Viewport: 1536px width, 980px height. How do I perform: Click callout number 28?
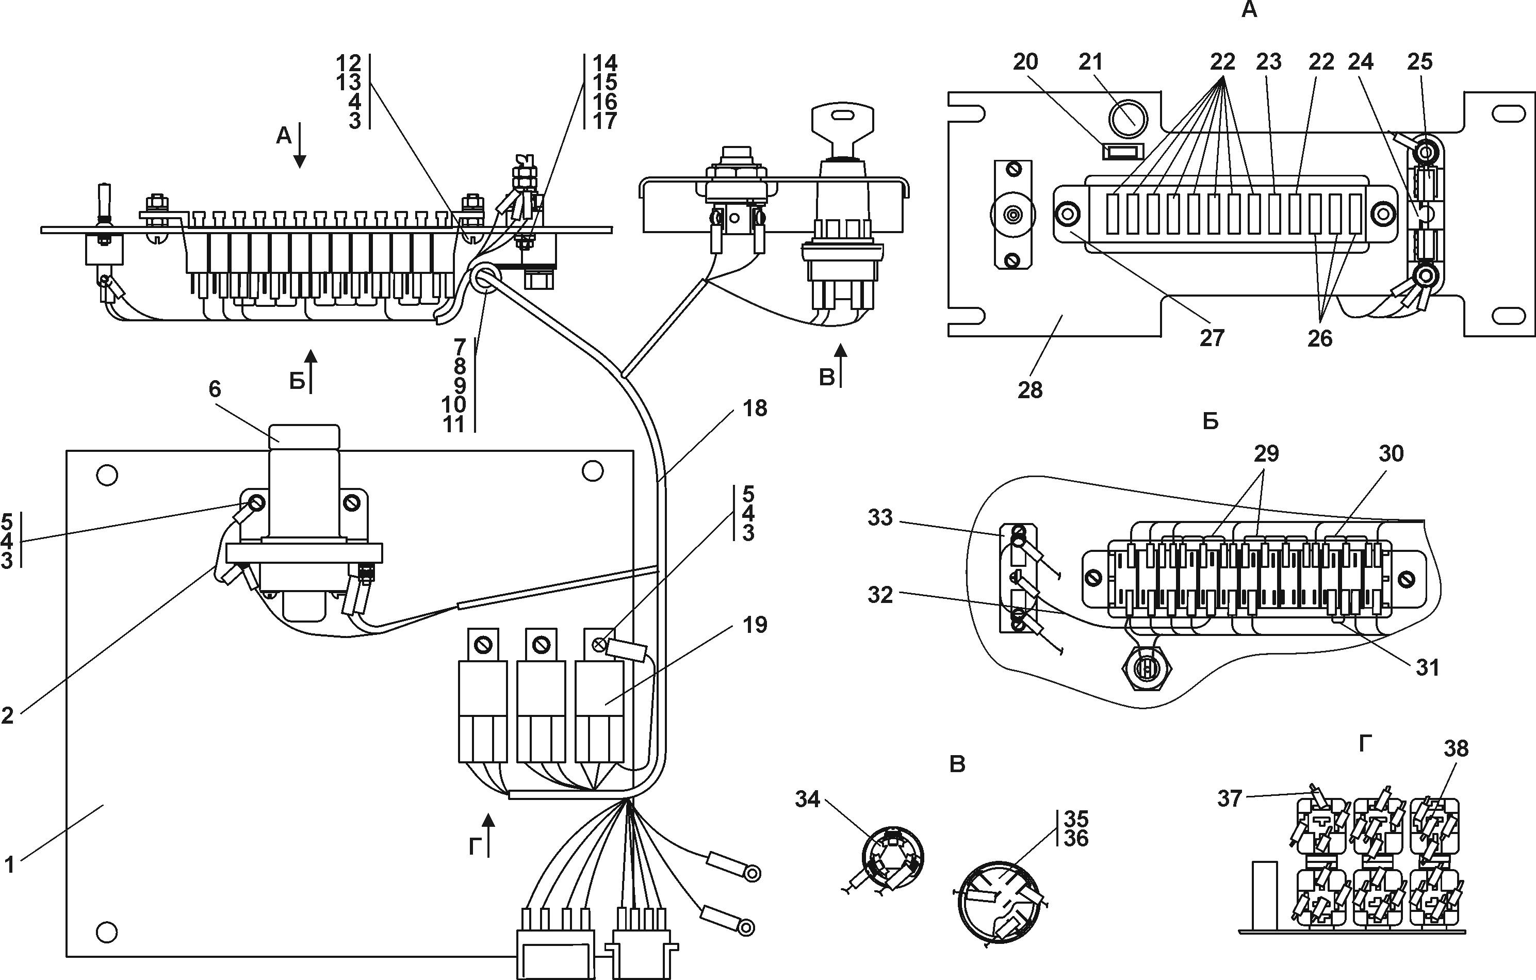pyautogui.click(x=1030, y=390)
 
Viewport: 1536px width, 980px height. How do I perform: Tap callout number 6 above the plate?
pyautogui.click(x=215, y=389)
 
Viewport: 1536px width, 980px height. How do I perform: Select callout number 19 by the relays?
pyautogui.click(x=755, y=625)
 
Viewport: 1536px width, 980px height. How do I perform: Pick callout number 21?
pyautogui.click(x=1090, y=62)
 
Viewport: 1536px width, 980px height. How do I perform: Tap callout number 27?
pyautogui.click(x=1212, y=338)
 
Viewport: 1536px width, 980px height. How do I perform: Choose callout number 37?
pyautogui.click(x=1229, y=798)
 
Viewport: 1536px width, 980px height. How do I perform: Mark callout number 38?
pyautogui.click(x=1456, y=748)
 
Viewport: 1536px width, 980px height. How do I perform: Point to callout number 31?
pyautogui.click(x=1428, y=667)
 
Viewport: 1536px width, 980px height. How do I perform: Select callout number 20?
pyautogui.click(x=1025, y=62)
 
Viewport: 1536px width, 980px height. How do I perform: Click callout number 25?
pyautogui.click(x=1419, y=62)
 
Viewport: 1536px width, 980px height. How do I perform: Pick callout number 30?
pyautogui.click(x=1391, y=453)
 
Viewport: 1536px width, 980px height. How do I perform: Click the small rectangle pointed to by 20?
pyautogui.click(x=1123, y=152)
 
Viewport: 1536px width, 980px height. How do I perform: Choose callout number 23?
pyautogui.click(x=1269, y=62)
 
